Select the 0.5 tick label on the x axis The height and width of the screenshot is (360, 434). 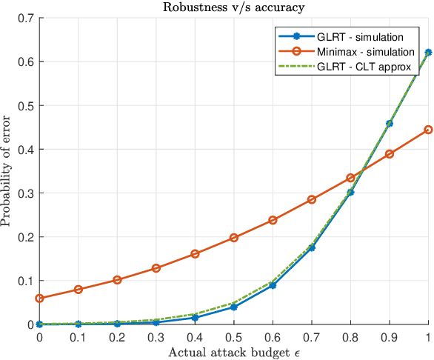point(234,337)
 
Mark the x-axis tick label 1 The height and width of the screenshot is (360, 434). point(429,337)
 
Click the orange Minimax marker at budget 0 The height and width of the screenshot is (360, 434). point(39,299)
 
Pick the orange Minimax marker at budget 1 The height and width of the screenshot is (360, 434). point(429,130)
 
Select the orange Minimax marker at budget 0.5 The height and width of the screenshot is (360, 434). point(234,238)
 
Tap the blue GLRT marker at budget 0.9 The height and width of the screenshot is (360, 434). point(390,124)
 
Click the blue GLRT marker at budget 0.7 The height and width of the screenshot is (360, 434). point(312,247)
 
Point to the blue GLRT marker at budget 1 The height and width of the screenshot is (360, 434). point(429,53)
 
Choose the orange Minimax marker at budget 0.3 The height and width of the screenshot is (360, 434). point(156,268)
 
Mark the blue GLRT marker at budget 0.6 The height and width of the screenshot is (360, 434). point(273,285)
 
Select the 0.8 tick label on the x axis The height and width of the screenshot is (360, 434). point(351,337)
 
